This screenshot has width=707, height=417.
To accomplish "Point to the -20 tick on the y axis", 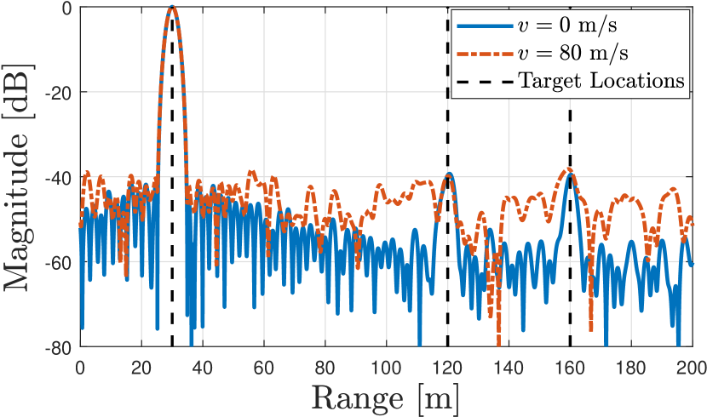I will pos(54,92).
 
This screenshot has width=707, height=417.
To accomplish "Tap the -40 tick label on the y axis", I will pos(54,177).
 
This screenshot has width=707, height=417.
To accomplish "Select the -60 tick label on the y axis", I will pos(54,262).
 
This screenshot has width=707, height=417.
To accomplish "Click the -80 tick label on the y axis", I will pos(54,346).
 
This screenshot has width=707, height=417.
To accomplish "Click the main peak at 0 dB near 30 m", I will pos(172,8).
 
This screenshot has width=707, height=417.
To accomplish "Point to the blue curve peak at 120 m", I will pos(449,174).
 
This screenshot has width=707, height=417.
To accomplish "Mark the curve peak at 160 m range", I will pos(571,174).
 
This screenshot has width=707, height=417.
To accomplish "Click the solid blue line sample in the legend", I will pos(483,25).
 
